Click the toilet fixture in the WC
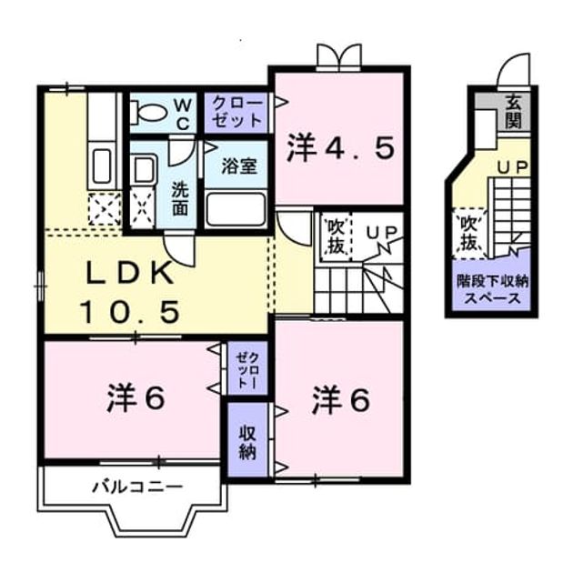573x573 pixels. click(146, 114)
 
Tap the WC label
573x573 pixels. click(183, 116)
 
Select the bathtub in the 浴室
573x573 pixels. click(236, 209)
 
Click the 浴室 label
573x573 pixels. click(239, 166)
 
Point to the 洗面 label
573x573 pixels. click(180, 198)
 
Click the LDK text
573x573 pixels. click(129, 274)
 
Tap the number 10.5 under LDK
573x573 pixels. click(131, 312)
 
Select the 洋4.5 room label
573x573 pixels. click(340, 148)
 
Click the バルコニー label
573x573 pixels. click(137, 487)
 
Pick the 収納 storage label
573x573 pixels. click(247, 443)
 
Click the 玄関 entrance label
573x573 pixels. click(513, 114)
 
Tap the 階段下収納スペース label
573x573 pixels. click(492, 290)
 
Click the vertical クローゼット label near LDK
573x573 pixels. click(247, 369)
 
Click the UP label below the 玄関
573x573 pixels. click(512, 167)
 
